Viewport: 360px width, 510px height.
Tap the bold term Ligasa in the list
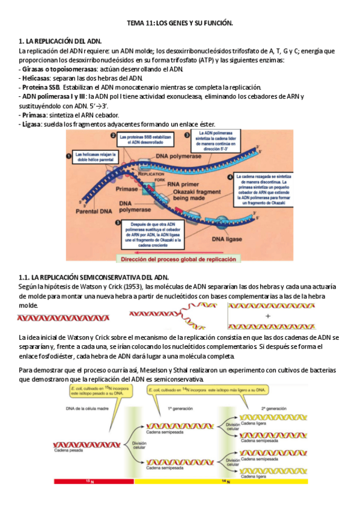coord(32,123)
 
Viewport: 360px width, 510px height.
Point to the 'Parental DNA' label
coord(90,212)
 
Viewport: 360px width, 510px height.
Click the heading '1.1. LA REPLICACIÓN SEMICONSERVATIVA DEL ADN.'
coord(94,277)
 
